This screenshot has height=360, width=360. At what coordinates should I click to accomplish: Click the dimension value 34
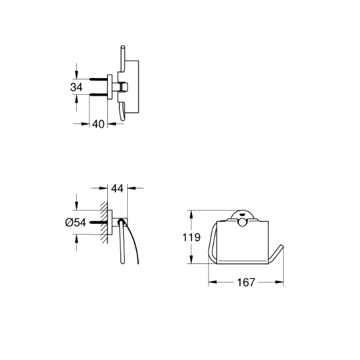point(76,87)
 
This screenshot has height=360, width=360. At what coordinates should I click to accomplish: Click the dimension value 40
point(98,124)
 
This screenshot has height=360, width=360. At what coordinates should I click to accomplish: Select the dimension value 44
point(118,188)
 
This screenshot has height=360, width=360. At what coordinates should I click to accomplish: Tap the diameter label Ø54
point(76,222)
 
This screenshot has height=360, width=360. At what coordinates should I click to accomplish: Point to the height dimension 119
point(191,237)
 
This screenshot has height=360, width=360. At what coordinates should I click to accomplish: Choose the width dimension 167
point(246,282)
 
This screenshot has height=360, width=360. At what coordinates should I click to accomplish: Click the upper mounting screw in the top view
point(99,79)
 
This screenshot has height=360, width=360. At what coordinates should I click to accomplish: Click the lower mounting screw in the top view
point(99,94)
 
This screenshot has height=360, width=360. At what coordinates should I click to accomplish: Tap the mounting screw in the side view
point(99,222)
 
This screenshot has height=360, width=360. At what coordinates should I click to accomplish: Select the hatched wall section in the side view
point(104,222)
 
